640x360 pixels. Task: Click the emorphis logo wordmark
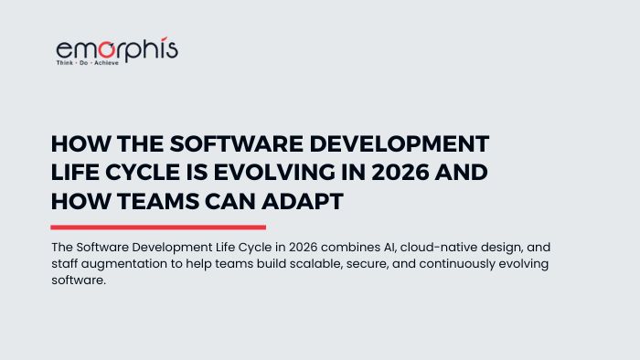click(x=116, y=49)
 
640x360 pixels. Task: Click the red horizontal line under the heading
click(x=157, y=227)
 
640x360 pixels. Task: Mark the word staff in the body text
click(x=67, y=264)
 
